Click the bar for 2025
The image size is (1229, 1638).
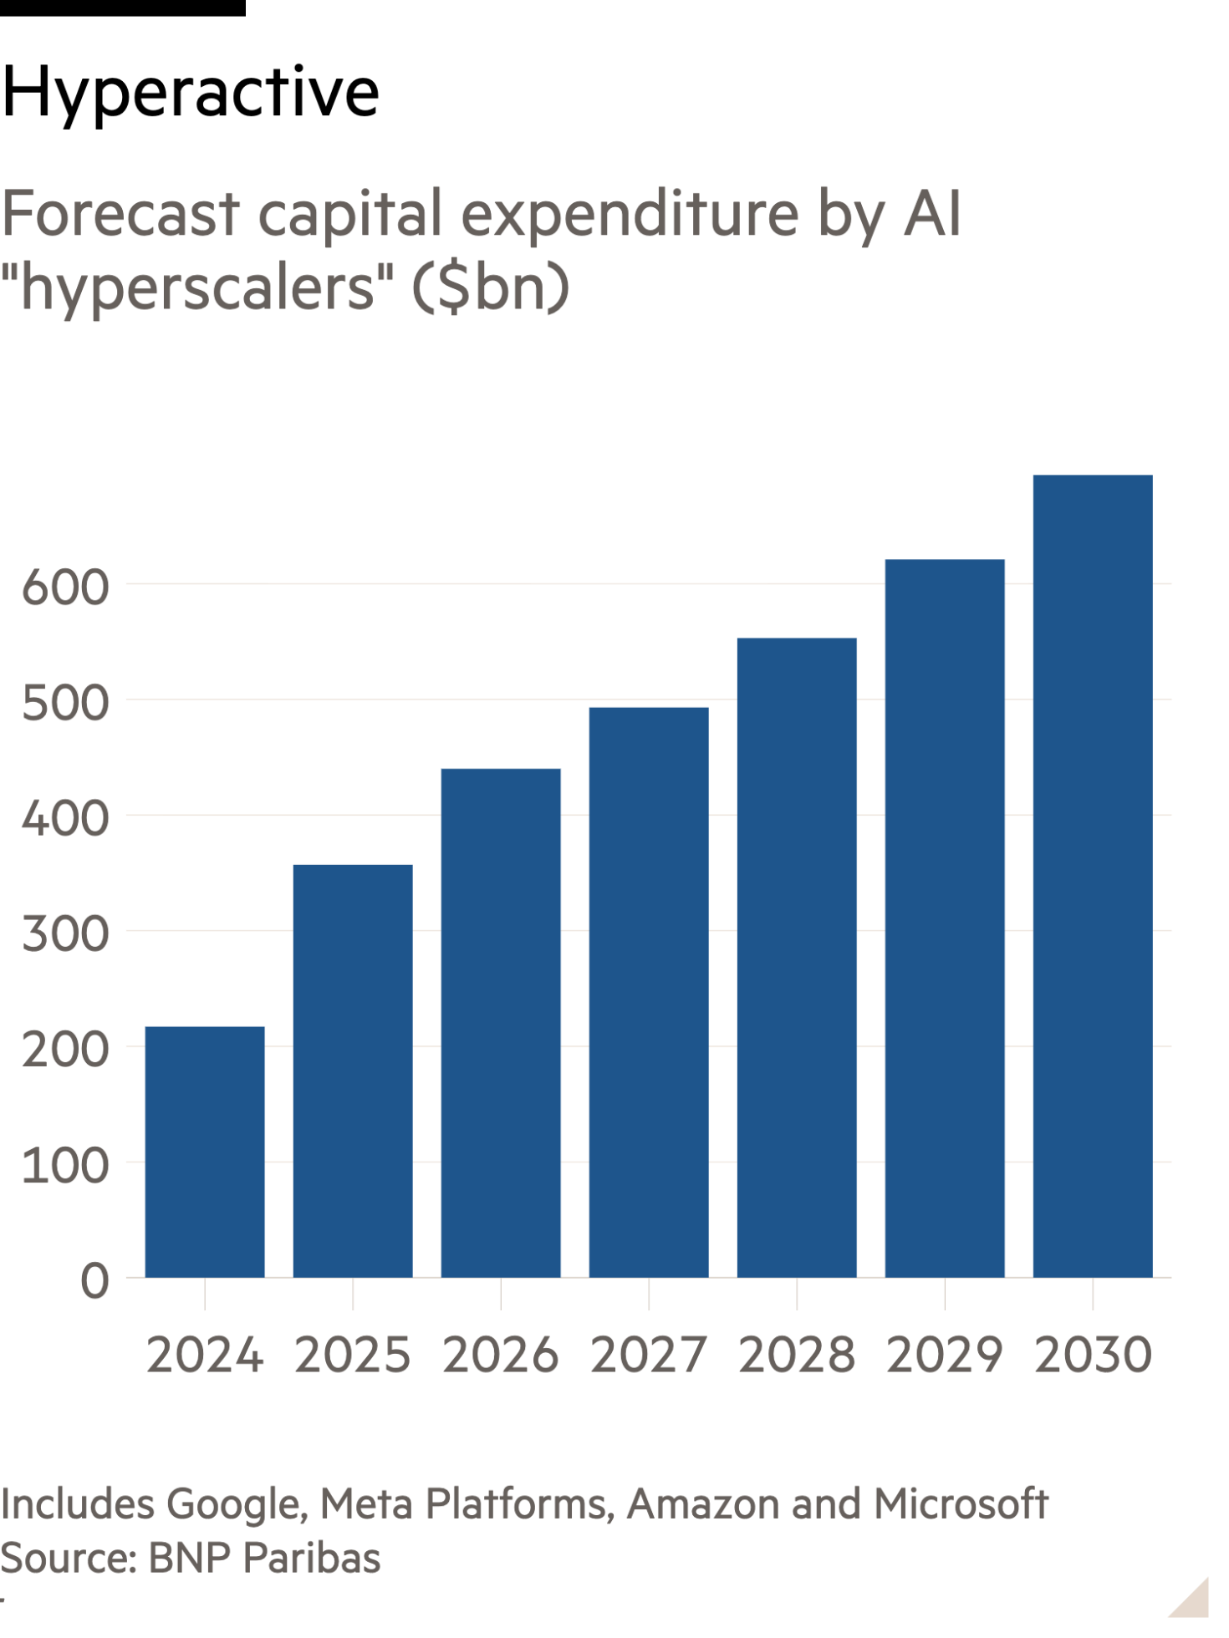pos(352,1071)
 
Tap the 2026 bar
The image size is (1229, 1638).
pos(501,1023)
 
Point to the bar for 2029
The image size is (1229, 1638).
pos(945,918)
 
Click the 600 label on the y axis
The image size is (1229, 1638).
pos(65,588)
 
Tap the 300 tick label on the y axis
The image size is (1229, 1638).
pos(65,934)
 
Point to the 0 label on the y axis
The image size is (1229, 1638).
pos(94,1281)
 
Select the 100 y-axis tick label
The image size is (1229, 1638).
pos(65,1166)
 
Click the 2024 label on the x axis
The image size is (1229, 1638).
pos(205,1355)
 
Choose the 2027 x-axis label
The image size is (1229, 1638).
pos(649,1355)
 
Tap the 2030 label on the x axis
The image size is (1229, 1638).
pos(1093,1355)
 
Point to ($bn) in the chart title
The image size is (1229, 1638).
pos(490,288)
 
